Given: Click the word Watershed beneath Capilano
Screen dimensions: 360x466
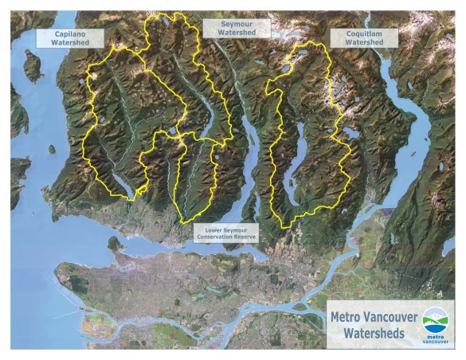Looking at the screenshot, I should (x=70, y=44).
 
